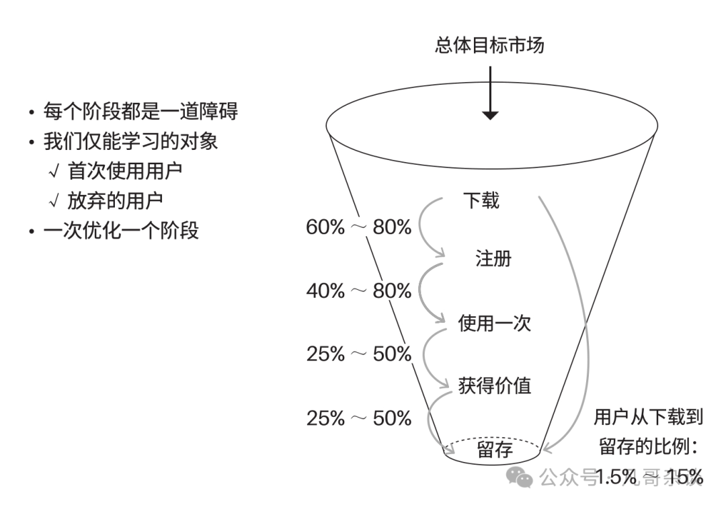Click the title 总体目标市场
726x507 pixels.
pyautogui.click(x=489, y=46)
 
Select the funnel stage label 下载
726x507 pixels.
pyautogui.click(x=481, y=200)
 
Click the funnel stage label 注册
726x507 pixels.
pyautogui.click(x=493, y=259)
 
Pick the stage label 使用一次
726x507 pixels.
pyautogui.click(x=494, y=323)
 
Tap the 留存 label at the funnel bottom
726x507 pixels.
pyautogui.click(x=494, y=449)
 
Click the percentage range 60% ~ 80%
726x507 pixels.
pyautogui.click(x=358, y=227)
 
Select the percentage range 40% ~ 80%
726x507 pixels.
pyautogui.click(x=358, y=290)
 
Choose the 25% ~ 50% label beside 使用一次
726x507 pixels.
pyautogui.click(x=358, y=354)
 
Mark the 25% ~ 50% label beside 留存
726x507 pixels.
pyautogui.click(x=358, y=418)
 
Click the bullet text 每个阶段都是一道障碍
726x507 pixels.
pyautogui.click(x=140, y=110)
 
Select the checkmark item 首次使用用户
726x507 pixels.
pyautogui.click(x=124, y=171)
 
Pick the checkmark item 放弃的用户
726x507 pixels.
pyautogui.click(x=115, y=200)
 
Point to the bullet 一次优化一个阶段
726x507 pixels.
pyautogui.click(x=121, y=231)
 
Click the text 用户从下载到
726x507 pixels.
pyautogui.click(x=648, y=418)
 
